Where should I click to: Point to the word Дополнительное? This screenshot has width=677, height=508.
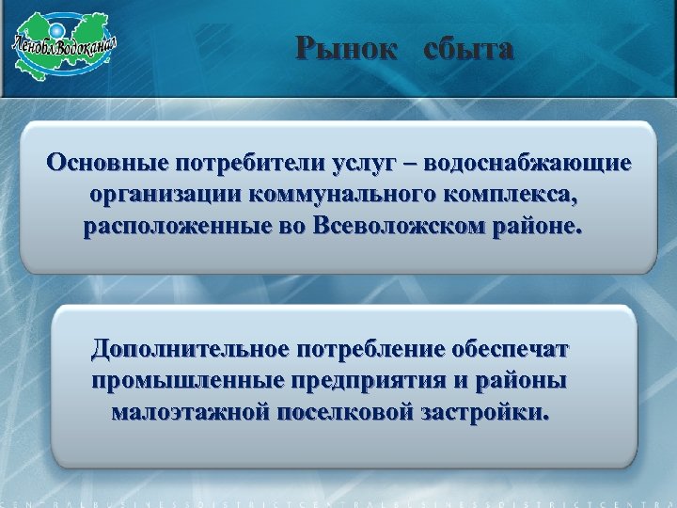click(190, 350)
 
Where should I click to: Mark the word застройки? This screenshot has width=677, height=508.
click(489, 412)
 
